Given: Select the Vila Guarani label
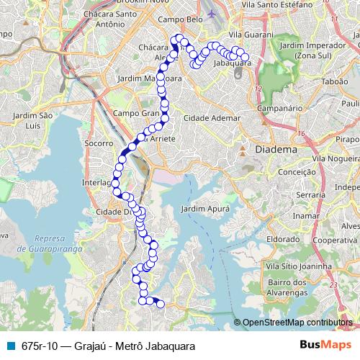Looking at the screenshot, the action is pos(250,35).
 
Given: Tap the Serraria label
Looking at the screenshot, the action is pos(311,195).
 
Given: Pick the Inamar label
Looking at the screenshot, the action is pos(306,215).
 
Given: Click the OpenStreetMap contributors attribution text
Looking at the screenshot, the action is pos(296,323).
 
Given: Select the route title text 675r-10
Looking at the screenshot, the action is pos(42,346).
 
